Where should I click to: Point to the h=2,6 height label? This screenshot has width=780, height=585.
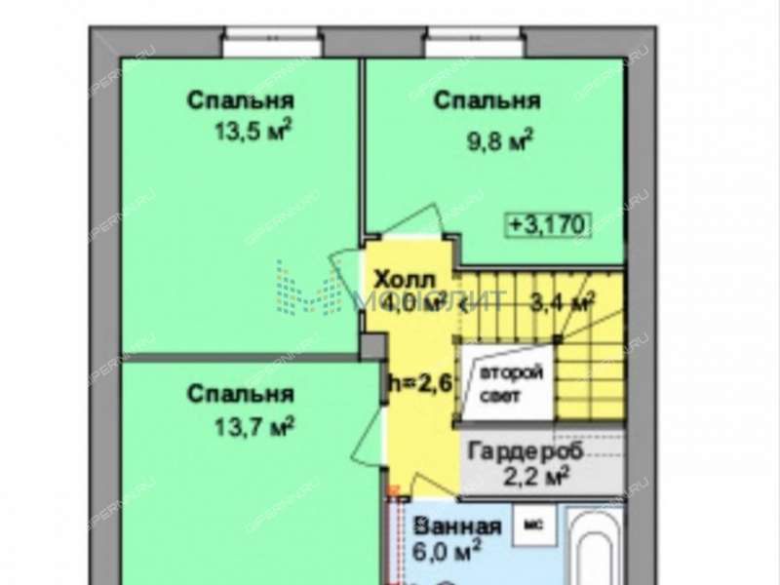coord(420,383)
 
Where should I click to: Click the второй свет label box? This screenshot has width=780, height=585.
coord(509,385)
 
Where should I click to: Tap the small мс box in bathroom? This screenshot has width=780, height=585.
coord(535,523)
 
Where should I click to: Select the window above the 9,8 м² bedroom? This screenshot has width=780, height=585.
coord(476,43)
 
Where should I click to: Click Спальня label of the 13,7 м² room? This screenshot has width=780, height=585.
coord(240,394)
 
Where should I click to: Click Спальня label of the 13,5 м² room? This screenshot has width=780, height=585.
coord(241,100)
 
